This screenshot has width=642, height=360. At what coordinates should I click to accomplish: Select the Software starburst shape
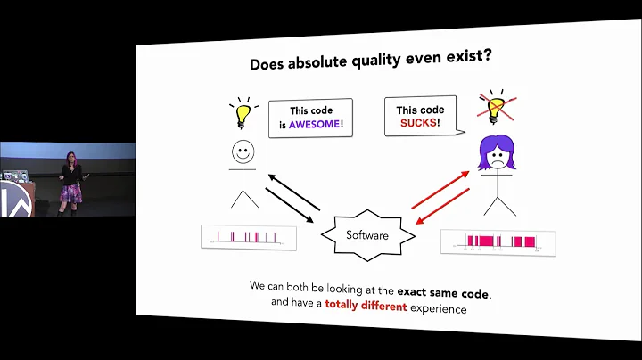point(367,235)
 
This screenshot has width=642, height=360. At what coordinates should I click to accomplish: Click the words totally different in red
point(366,305)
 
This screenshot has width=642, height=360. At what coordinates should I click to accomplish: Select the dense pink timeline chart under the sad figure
point(498,241)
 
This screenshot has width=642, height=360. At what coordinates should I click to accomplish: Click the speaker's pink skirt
point(70,193)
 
